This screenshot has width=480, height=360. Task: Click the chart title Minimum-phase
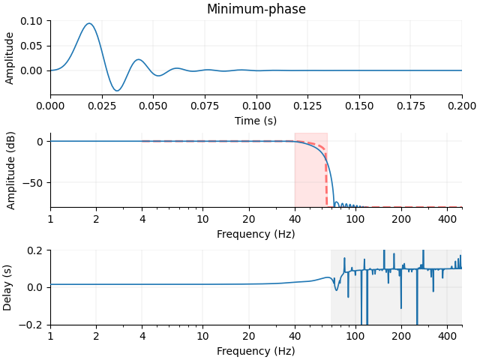point(256,9)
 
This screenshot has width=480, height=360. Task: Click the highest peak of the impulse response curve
point(89,23)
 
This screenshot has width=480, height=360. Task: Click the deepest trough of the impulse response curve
point(117,91)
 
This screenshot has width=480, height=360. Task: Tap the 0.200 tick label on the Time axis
point(461,106)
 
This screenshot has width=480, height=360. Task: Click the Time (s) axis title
point(256,120)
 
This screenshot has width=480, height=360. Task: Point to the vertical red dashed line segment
point(326,180)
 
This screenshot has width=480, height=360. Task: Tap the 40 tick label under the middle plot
point(295,219)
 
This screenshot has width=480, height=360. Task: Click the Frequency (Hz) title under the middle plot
point(256,233)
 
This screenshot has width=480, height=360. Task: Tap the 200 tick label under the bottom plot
point(401,337)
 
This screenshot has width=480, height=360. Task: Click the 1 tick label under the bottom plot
point(50,337)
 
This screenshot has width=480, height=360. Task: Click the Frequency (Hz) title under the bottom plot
point(256,351)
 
